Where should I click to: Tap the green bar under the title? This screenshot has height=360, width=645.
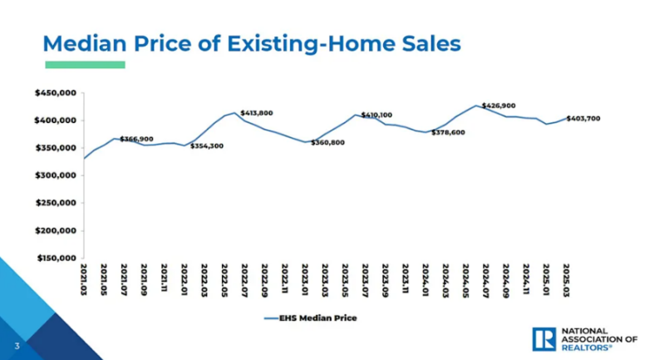[x=85, y=64]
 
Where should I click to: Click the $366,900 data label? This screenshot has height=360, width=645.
[x=137, y=139]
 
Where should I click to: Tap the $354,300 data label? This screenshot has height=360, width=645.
[x=207, y=146]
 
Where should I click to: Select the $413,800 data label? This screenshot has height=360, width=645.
[x=257, y=112]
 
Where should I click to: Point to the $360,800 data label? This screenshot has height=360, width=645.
[x=327, y=143]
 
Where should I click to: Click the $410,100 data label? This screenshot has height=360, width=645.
[x=377, y=115]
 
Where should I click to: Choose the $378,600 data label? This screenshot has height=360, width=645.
[x=449, y=132]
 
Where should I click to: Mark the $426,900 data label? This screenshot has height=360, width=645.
[x=499, y=106]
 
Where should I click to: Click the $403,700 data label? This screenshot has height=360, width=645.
[x=583, y=118]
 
